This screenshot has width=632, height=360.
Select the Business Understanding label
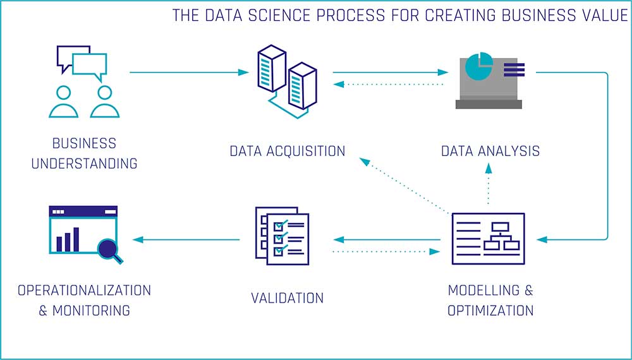pyautogui.click(x=84, y=153)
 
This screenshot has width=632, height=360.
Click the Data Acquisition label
pyautogui.click(x=287, y=151)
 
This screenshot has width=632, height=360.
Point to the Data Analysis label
pyautogui.click(x=490, y=151)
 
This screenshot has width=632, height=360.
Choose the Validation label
pyautogui.click(x=287, y=297)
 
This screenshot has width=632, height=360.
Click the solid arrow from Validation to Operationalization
pyautogui.click(x=187, y=239)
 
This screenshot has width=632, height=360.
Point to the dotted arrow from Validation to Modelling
pyautogui.click(x=386, y=251)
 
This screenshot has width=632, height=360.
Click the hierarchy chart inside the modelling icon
pyautogui.click(x=500, y=239)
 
